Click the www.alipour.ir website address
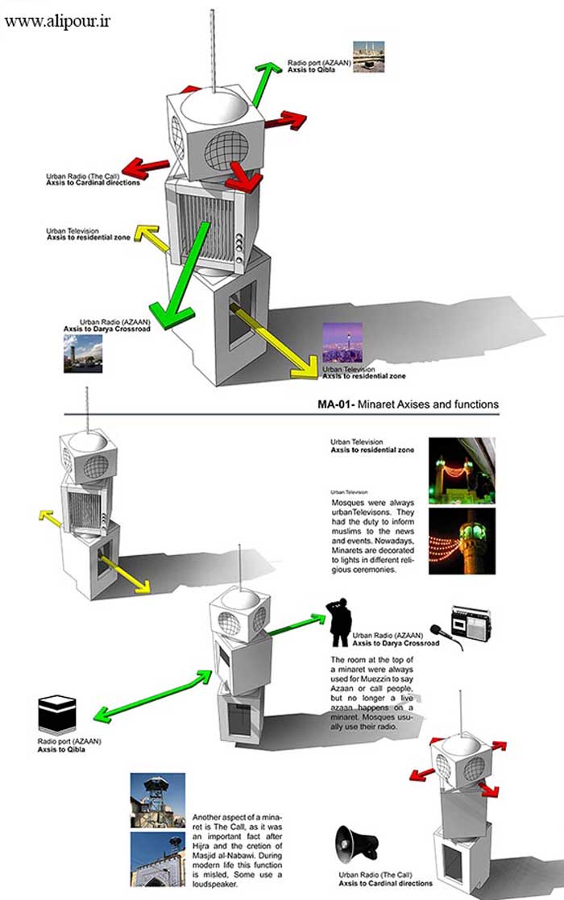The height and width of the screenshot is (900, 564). tap(56, 20)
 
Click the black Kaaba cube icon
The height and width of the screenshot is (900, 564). tap(56, 715)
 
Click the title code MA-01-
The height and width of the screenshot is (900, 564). tap(338, 404)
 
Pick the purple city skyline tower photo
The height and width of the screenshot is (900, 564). tap(342, 342)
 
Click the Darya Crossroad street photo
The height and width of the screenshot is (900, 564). tap(83, 354)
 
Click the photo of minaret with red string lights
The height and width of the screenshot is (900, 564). tap(462, 539)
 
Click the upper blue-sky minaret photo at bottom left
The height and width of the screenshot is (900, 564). tap(157, 800)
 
